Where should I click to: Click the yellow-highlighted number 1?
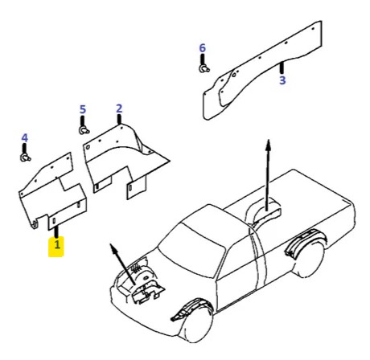[57, 244]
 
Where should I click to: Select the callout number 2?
[119, 108]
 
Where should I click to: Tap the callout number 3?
[282, 80]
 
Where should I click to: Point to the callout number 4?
[24, 138]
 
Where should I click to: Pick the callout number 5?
[83, 109]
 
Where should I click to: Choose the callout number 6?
[203, 48]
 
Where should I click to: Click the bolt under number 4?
[25, 158]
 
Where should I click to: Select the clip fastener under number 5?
[84, 130]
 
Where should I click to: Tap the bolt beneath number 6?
[204, 69]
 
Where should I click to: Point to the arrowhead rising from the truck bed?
[268, 145]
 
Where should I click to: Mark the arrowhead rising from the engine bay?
[113, 247]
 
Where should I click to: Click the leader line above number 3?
[282, 68]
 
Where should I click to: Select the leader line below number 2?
[119, 119]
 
